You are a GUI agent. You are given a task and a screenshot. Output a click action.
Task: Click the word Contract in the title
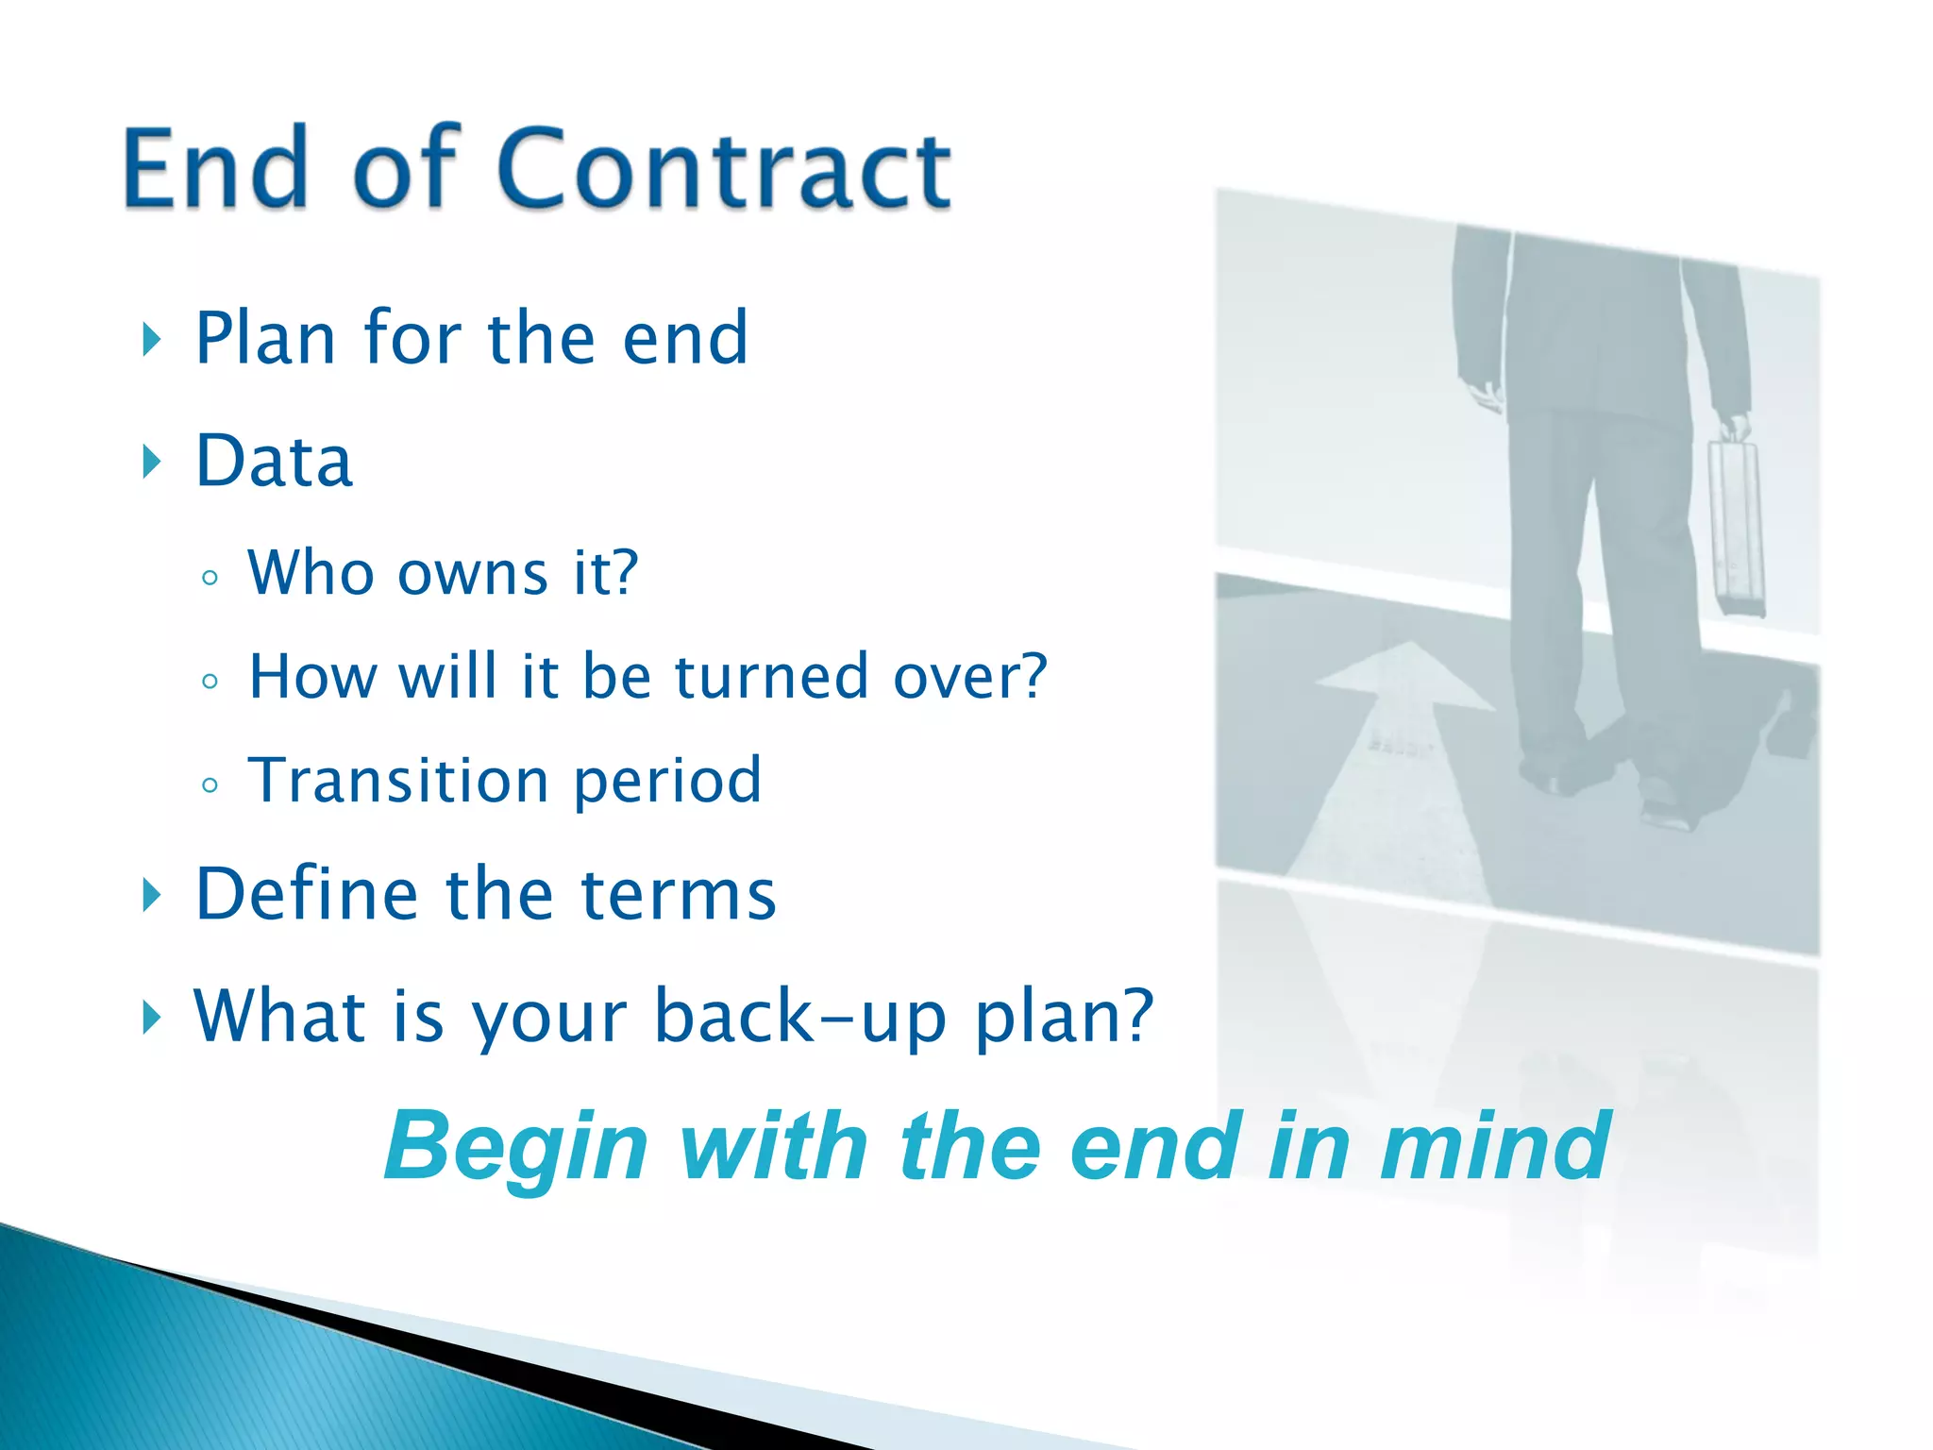(x=723, y=170)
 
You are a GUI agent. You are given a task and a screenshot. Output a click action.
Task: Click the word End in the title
(x=216, y=170)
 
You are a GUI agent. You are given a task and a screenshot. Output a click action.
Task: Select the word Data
(x=274, y=462)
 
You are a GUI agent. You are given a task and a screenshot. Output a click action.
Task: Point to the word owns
(x=473, y=574)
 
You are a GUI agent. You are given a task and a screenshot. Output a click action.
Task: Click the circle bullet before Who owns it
(x=210, y=578)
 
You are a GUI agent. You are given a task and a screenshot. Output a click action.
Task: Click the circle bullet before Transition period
(x=210, y=784)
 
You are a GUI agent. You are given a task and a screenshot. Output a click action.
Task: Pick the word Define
(x=306, y=894)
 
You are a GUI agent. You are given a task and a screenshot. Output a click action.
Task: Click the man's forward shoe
(x=1667, y=812)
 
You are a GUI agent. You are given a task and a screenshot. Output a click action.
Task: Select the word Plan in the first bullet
(x=265, y=339)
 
